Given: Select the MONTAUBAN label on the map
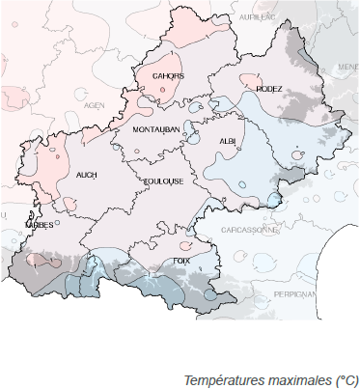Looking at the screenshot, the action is [x=156, y=129].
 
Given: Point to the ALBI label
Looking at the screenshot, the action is [x=228, y=141].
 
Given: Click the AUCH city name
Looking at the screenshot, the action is [x=86, y=175].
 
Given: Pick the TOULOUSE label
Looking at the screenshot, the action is [x=163, y=181].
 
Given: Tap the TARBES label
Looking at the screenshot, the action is [x=39, y=224].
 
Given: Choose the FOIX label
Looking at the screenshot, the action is [x=180, y=261].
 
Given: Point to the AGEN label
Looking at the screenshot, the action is [x=94, y=105].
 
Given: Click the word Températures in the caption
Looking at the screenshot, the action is [x=222, y=379].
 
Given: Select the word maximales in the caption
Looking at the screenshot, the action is [x=295, y=379].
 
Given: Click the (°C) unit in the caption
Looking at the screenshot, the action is [x=344, y=379].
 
